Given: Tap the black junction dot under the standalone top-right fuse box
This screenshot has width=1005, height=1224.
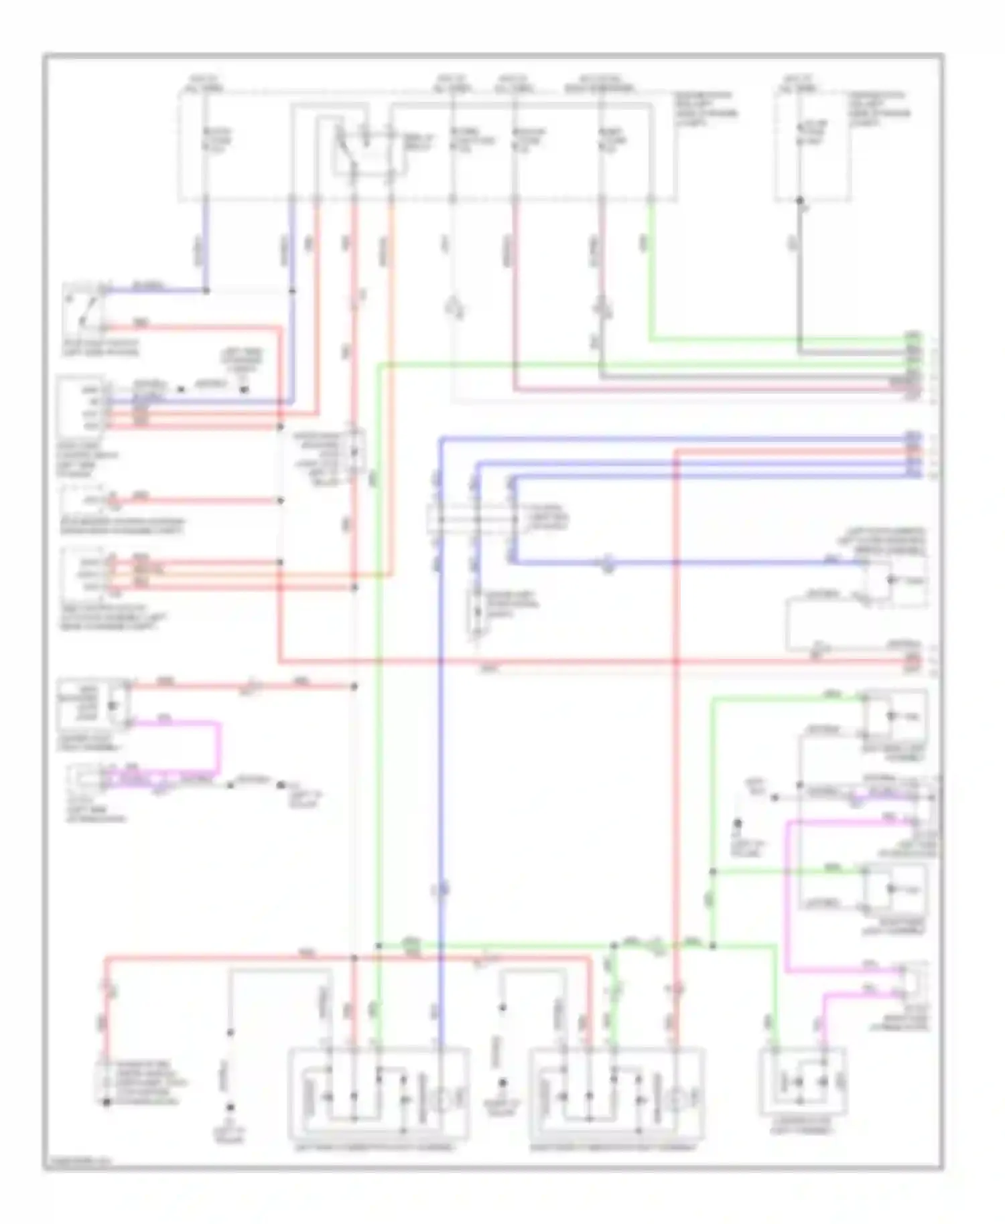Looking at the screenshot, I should (799, 200).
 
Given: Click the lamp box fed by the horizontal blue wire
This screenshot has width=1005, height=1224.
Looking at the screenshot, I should (894, 579).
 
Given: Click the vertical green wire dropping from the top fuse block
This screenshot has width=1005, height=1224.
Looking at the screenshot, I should (651, 268).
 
